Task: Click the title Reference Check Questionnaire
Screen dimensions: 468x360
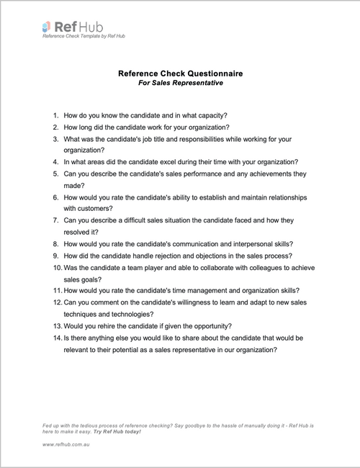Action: pyautogui.click(x=181, y=73)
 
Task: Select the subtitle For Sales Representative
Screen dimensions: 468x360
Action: pyautogui.click(x=181, y=83)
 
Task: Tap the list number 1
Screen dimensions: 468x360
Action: pyautogui.click(x=55, y=115)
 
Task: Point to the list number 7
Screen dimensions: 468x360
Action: pyautogui.click(x=55, y=221)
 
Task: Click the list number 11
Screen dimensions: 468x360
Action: pyautogui.click(x=54, y=292)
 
